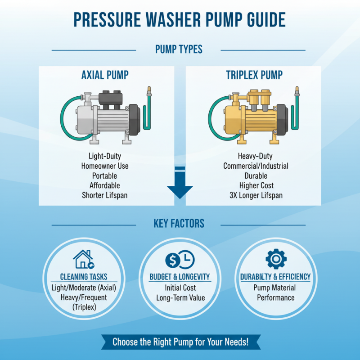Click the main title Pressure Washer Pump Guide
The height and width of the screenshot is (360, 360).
click(180, 20)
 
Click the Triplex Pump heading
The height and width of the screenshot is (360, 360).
click(255, 75)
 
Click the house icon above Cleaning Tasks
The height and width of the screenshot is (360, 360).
click(83, 259)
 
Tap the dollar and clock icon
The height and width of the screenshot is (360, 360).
click(180, 259)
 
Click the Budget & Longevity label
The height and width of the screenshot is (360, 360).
click(180, 277)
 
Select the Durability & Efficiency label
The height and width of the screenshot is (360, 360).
click(275, 277)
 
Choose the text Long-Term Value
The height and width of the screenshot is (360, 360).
click(180, 297)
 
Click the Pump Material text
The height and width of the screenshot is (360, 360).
click(275, 288)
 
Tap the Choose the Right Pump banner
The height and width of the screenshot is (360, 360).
click(180, 342)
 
